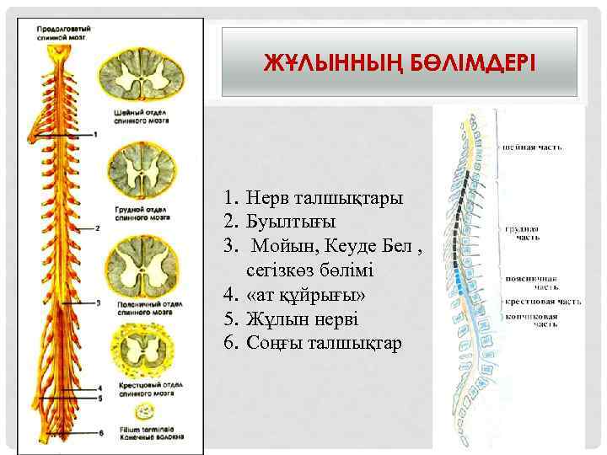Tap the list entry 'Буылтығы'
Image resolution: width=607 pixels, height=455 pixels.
(x=291, y=222)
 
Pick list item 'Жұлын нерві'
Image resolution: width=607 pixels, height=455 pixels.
(x=303, y=319)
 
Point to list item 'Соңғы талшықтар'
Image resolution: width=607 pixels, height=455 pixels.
(x=325, y=344)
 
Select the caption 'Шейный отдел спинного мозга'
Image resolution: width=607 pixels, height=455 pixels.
(x=140, y=116)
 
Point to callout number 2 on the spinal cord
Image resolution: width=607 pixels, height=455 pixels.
(x=99, y=227)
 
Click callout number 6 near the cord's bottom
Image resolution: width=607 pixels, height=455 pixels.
(x=101, y=432)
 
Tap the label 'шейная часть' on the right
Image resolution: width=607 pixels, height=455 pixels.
(x=533, y=147)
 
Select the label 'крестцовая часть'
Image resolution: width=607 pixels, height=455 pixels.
(x=542, y=301)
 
